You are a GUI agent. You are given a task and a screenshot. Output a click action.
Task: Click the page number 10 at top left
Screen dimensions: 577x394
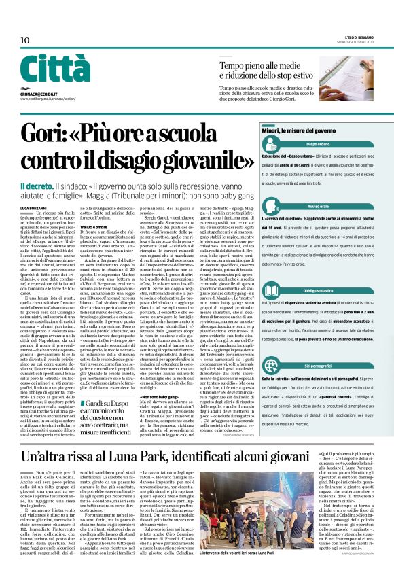pyautogui.click(x=24, y=40)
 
